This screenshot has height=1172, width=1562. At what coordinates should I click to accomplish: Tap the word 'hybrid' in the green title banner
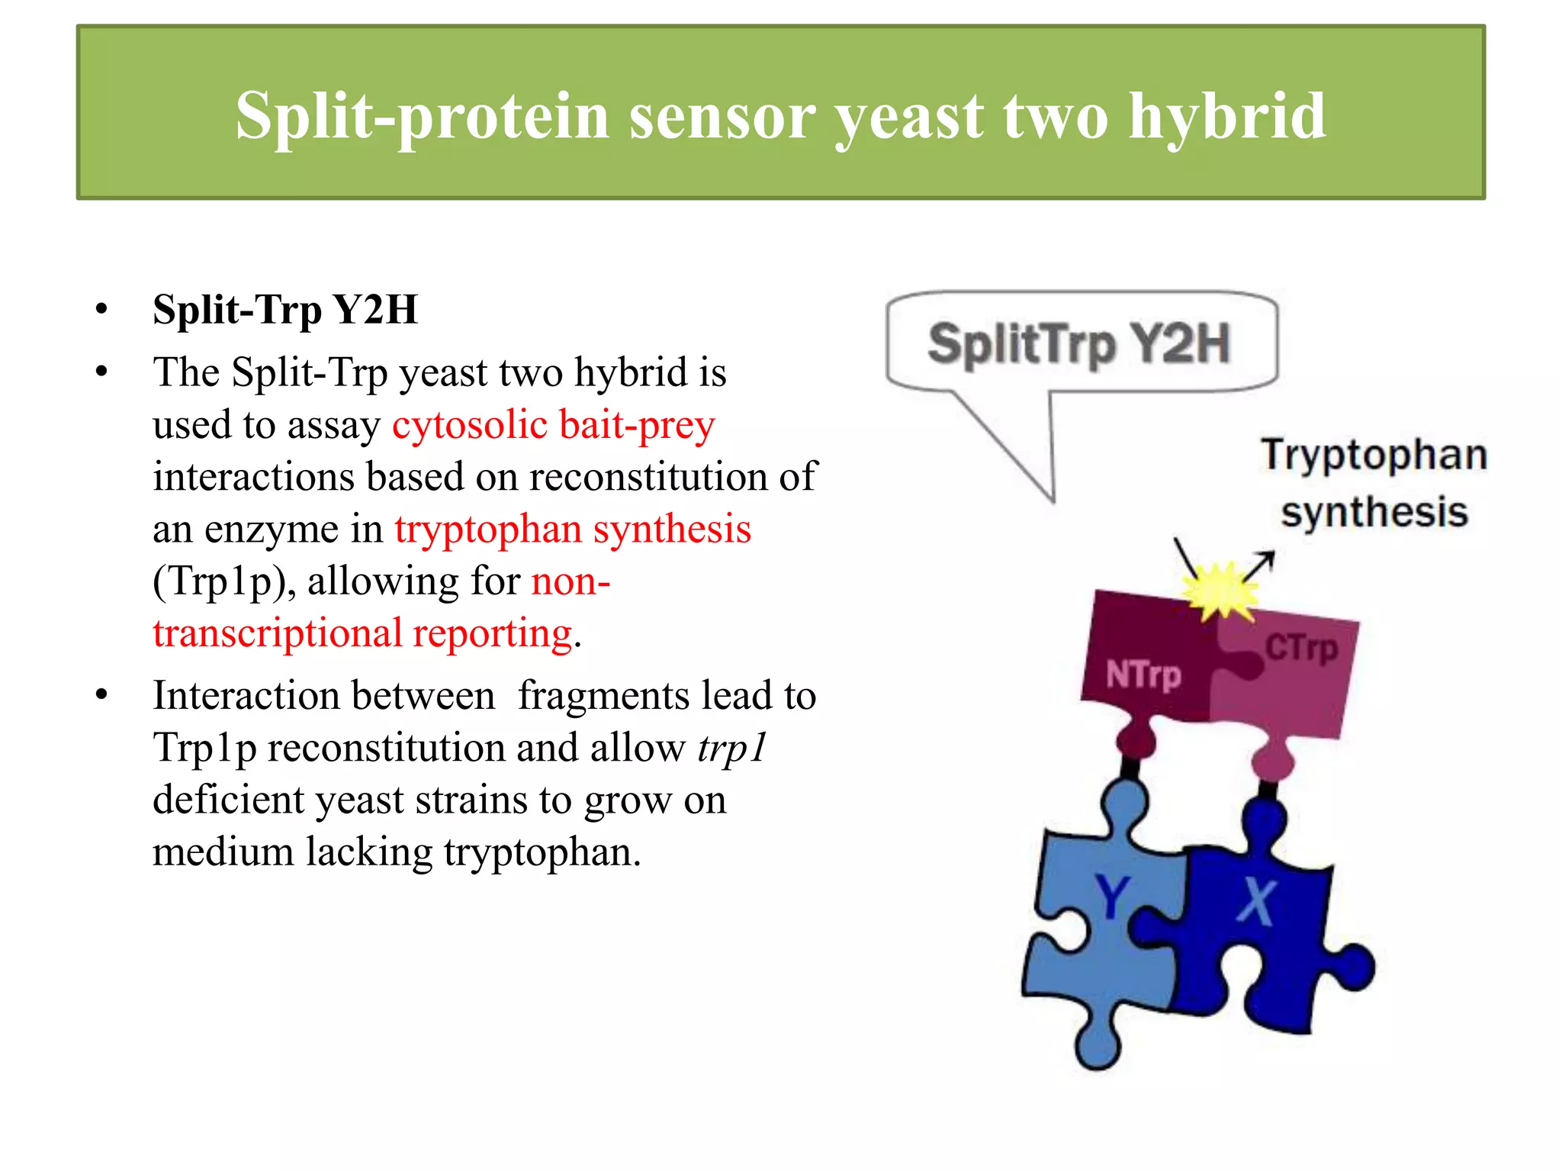click(1227, 117)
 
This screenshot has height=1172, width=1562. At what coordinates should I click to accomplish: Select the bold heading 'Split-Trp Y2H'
click(285, 310)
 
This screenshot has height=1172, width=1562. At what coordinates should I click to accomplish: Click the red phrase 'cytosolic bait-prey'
click(554, 425)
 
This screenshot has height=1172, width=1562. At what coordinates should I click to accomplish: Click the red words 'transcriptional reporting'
click(362, 633)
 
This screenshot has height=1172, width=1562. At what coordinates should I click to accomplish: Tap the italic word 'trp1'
click(731, 748)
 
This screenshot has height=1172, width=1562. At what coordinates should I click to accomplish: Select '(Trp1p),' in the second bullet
click(224, 581)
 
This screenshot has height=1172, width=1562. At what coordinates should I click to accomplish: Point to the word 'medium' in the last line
click(223, 852)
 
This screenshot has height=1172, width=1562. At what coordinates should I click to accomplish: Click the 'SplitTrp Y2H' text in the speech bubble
click(1078, 344)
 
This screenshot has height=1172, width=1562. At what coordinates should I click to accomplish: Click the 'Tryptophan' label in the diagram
click(1374, 456)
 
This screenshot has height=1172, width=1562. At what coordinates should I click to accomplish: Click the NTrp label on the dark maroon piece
click(1143, 675)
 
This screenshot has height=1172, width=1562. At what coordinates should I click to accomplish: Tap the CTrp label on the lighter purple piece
click(1301, 649)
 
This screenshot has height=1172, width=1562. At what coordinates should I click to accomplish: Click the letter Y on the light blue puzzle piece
click(1112, 897)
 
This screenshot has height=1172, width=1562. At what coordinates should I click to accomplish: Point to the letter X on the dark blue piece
click(1255, 901)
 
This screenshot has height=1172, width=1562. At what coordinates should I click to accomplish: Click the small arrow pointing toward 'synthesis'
click(1261, 565)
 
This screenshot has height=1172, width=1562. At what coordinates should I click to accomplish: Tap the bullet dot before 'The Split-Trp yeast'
click(102, 373)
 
